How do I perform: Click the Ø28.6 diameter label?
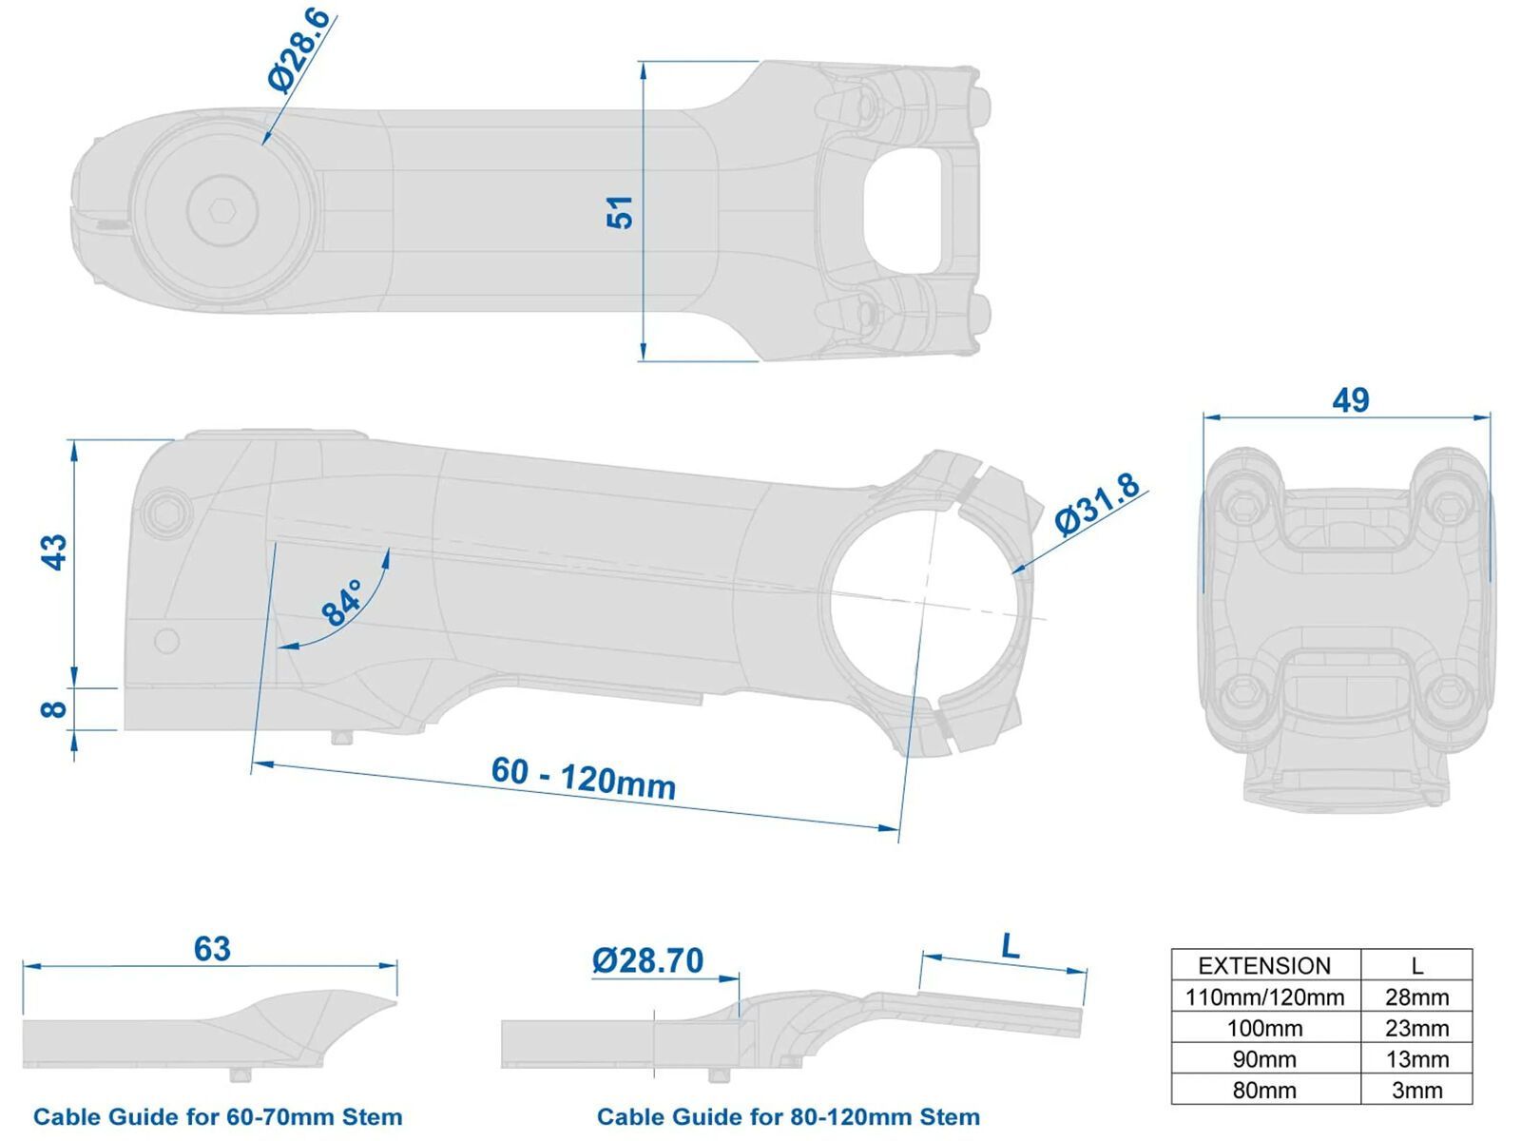tap(298, 49)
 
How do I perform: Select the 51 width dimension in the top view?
tap(619, 211)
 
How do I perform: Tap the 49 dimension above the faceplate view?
tap(1350, 399)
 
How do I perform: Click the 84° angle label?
tap(342, 602)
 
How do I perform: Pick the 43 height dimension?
tap(55, 551)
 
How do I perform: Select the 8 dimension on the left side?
tap(55, 708)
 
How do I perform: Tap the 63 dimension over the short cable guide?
tap(212, 949)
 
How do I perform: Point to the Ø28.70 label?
tap(647, 960)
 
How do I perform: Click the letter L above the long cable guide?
tap(1010, 946)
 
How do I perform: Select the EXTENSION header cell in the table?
tap(1264, 965)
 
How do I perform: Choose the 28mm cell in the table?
tap(1416, 997)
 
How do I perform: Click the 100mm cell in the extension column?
tap(1264, 1028)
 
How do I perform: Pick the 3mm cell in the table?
tap(1416, 1090)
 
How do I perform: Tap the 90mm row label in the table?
tap(1264, 1059)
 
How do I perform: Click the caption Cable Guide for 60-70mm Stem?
tap(218, 1116)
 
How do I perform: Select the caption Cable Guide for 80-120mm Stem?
tap(788, 1116)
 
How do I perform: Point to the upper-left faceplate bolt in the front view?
tap(1245, 510)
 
